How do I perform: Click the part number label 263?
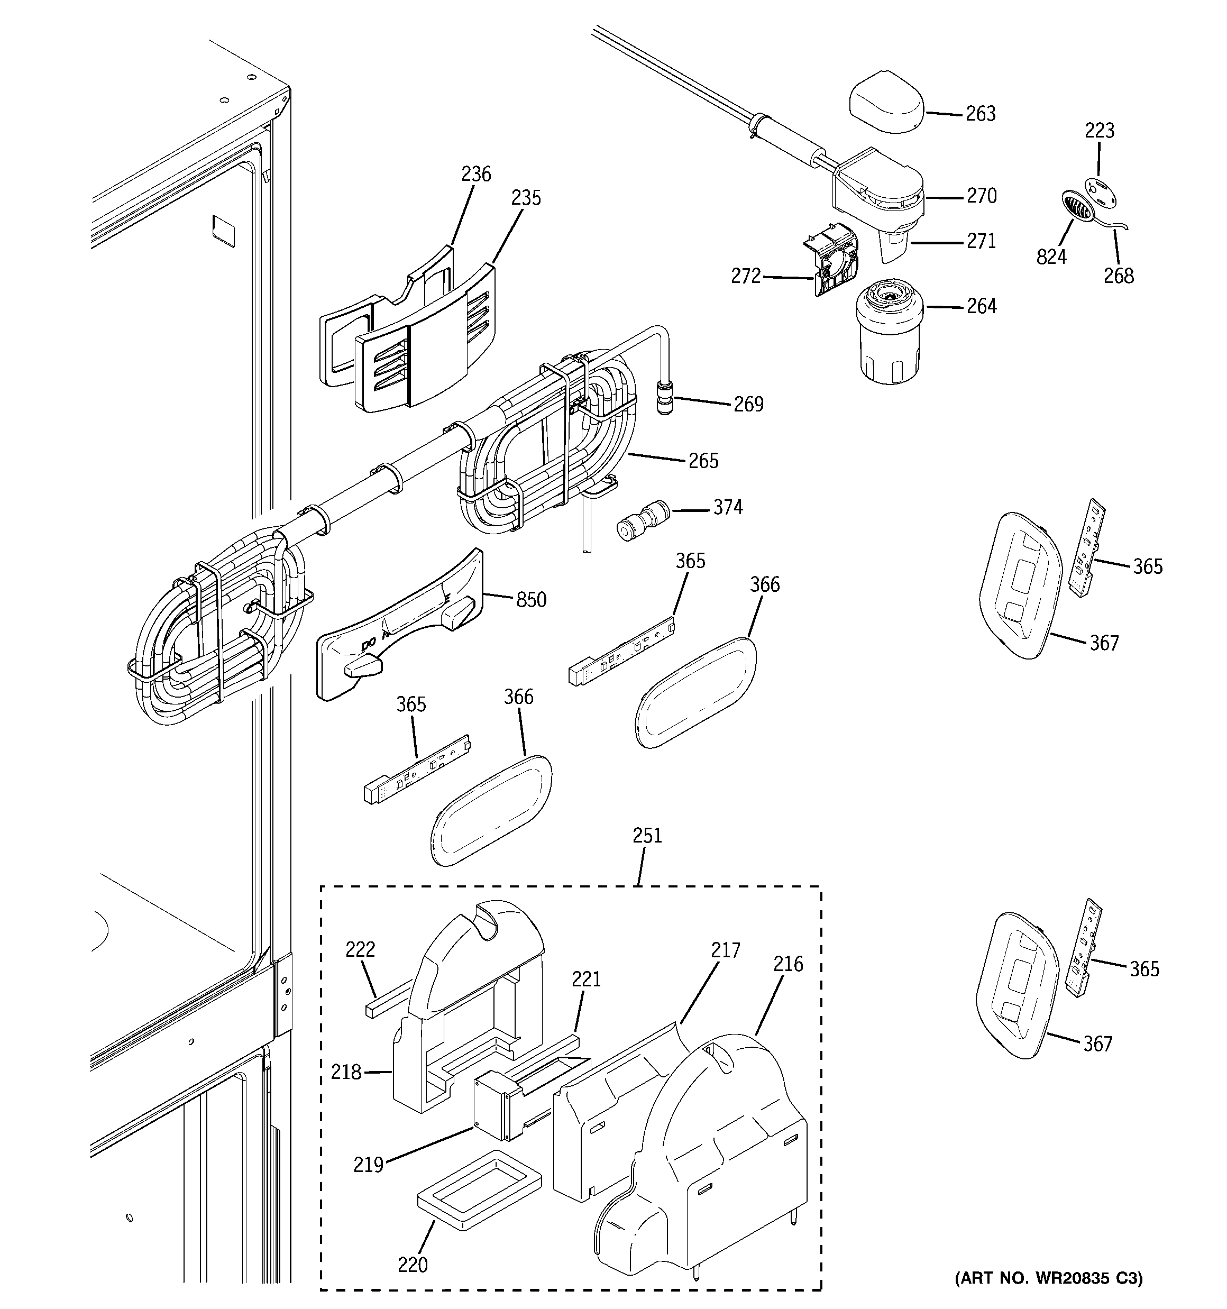coord(980,114)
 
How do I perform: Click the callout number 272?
coord(746,277)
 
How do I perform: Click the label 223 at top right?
coord(1099,131)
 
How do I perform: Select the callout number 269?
coord(748,404)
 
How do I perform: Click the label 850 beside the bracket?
coord(531,600)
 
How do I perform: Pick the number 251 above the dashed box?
coord(647,836)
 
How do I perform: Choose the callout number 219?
coord(368,1165)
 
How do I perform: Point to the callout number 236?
coord(475,175)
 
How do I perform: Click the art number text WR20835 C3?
coord(1049,1278)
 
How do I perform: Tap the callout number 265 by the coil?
coord(703,461)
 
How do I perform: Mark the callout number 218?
coord(346,1073)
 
